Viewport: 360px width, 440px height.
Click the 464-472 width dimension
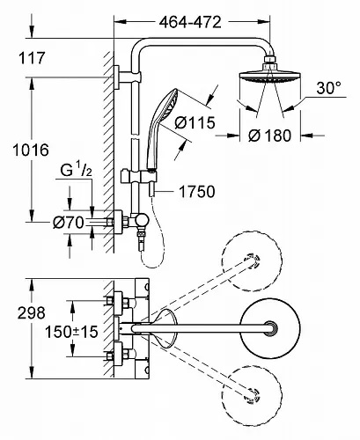tap(190, 22)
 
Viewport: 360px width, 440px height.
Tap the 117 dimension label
tap(32, 58)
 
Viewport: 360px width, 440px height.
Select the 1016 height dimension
tap(31, 150)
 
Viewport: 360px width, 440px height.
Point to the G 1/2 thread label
tap(76, 170)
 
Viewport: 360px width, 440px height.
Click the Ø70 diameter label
tap(69, 223)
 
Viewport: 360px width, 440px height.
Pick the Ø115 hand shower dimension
tap(195, 122)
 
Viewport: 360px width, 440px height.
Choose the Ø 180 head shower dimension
tap(270, 136)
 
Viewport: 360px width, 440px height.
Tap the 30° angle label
tap(329, 88)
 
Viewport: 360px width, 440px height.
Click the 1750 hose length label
tap(197, 192)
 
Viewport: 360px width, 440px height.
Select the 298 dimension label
tap(32, 313)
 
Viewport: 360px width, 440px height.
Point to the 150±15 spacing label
tap(71, 332)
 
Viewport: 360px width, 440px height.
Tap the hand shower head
tap(165, 116)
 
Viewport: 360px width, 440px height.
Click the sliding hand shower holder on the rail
tap(138, 177)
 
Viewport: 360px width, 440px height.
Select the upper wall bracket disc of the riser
tap(116, 77)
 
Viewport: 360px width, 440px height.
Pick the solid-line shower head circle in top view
tap(270, 327)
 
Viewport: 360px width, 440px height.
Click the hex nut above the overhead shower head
tap(270, 59)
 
